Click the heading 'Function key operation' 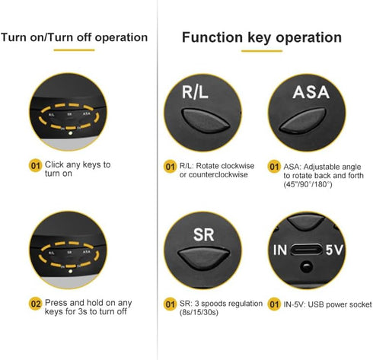pos(262,37)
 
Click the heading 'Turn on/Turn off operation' pos(74,37)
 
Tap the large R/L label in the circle pos(195,92)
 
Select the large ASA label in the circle pos(311,92)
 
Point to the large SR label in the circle pos(203,234)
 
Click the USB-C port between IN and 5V pos(306,250)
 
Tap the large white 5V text pos(334,250)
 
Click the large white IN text pos(280,250)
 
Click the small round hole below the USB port pos(306,266)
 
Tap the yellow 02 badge pos(35,304)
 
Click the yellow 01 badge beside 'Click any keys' pos(35,166)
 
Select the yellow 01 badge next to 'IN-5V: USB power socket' pos(274,304)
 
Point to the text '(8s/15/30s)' pos(199,312)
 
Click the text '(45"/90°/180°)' pos(308,184)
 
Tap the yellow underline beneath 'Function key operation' pos(262,51)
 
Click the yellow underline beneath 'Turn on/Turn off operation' pos(74,50)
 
